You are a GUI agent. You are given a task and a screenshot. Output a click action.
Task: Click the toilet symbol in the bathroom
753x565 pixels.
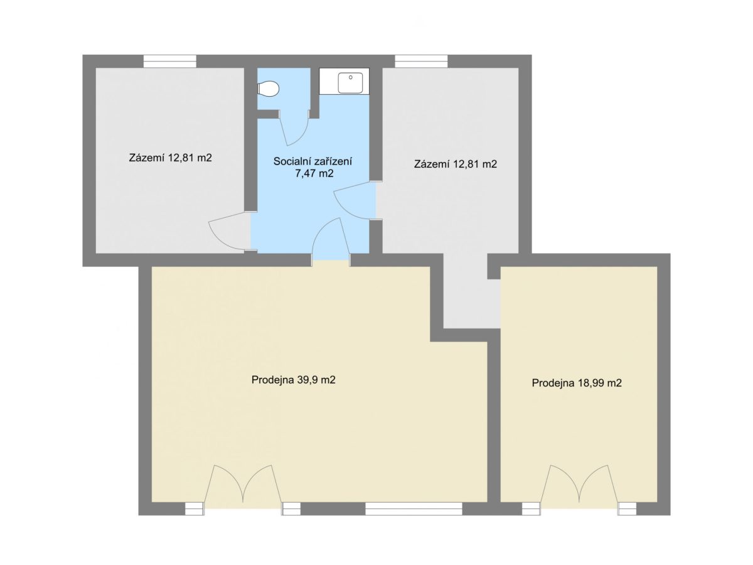click(268, 89)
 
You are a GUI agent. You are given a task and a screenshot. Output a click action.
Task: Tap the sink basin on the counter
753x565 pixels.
click(350, 83)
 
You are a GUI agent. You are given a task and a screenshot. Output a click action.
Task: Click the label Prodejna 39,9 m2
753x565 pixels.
click(293, 380)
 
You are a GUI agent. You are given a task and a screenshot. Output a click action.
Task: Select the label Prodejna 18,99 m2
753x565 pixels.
click(577, 383)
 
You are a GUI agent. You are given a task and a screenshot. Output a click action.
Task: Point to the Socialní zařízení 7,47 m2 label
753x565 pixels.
click(312, 167)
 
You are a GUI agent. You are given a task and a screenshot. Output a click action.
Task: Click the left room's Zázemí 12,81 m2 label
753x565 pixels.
click(171, 158)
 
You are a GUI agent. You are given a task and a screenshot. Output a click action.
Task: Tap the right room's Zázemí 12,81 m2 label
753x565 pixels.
click(456, 164)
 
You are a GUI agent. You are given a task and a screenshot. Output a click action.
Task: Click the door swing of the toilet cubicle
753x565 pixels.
click(294, 129)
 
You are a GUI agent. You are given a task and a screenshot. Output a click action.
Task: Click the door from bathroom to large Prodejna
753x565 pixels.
click(331, 240)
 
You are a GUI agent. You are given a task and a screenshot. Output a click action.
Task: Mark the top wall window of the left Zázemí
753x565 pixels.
click(170, 62)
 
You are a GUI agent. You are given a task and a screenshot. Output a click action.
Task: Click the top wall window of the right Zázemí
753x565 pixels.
click(421, 62)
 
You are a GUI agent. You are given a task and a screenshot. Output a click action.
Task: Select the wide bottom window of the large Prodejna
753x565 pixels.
click(414, 509)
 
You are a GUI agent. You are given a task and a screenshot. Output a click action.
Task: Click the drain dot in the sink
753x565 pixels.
click(351, 77)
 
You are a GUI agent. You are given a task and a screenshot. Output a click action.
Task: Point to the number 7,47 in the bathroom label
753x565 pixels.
click(303, 173)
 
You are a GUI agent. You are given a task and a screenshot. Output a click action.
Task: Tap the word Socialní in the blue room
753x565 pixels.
click(292, 161)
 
